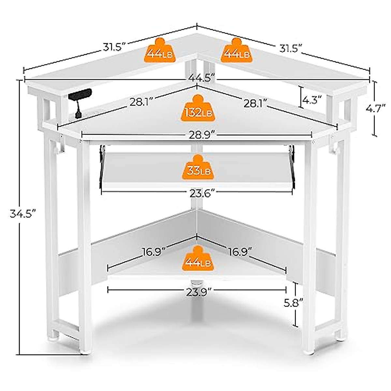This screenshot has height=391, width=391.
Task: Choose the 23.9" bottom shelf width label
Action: pos(197,292)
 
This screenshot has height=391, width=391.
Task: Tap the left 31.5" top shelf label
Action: pos(112,47)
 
